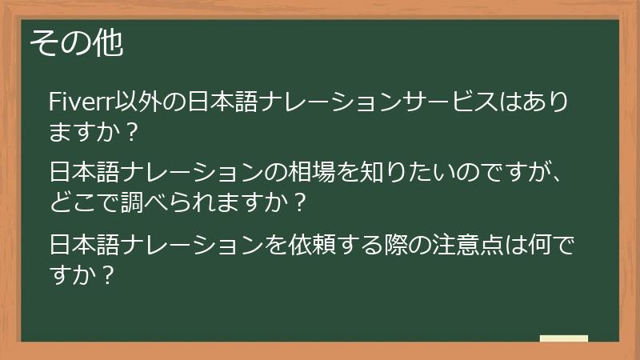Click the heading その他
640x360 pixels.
(77, 44)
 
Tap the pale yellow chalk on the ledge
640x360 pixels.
(564, 338)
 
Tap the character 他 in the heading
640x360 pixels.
(110, 44)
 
